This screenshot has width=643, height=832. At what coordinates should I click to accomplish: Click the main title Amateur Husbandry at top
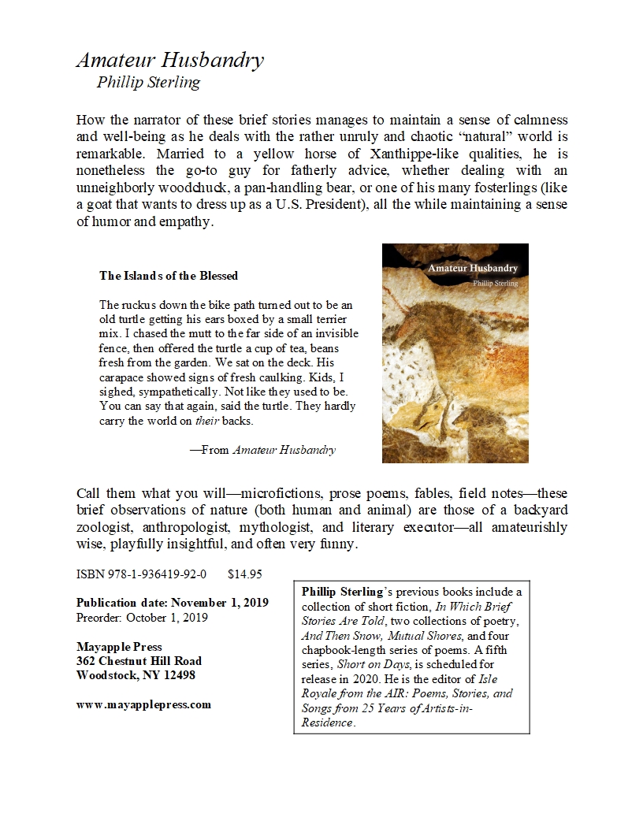(x=169, y=61)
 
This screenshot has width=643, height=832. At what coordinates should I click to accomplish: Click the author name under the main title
(x=148, y=82)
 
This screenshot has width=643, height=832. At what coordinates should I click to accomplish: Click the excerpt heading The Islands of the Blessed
(x=169, y=276)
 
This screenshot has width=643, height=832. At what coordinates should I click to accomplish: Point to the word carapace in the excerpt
(x=122, y=377)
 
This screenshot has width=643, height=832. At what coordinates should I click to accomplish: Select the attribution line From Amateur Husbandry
(x=262, y=450)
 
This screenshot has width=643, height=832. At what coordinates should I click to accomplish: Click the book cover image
(x=455, y=353)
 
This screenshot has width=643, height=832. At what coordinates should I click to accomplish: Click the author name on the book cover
(x=494, y=284)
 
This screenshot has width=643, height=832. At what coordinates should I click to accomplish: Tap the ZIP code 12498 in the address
(x=178, y=675)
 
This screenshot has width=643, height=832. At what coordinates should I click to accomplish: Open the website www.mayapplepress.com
(x=143, y=704)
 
